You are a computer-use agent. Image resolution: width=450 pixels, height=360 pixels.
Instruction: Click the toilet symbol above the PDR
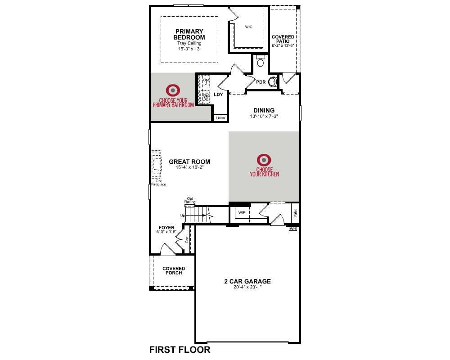click(260, 61)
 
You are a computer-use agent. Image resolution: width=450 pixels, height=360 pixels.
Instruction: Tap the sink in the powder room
click(273, 82)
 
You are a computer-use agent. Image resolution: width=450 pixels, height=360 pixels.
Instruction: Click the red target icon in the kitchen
click(264, 160)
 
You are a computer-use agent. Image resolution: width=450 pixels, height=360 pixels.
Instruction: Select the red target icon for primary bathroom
click(173, 90)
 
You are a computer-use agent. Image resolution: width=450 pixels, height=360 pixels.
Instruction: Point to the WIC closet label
click(249, 27)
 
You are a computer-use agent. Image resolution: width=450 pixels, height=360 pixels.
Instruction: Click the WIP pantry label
click(242, 213)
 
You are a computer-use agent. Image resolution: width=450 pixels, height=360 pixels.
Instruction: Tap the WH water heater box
click(292, 229)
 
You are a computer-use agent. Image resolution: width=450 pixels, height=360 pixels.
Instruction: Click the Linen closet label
click(220, 118)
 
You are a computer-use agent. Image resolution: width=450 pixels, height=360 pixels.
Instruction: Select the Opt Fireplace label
click(159, 183)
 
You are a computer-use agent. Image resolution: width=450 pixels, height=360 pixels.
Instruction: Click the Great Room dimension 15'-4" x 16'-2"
click(190, 167)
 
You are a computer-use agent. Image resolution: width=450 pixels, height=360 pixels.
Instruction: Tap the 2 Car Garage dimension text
click(247, 287)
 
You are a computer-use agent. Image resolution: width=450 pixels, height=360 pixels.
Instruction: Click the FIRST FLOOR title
click(180, 350)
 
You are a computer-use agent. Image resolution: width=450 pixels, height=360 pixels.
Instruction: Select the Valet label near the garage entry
click(295, 213)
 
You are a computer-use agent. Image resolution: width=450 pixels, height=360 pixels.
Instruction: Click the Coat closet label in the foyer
click(187, 239)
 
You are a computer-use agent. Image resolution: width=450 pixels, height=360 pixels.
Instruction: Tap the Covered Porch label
click(174, 271)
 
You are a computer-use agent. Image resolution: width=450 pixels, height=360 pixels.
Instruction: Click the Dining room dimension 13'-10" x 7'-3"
click(264, 116)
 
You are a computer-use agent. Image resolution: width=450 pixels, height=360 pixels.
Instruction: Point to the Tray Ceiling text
click(189, 43)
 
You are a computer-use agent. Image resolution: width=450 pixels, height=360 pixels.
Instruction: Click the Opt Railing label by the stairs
click(190, 200)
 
